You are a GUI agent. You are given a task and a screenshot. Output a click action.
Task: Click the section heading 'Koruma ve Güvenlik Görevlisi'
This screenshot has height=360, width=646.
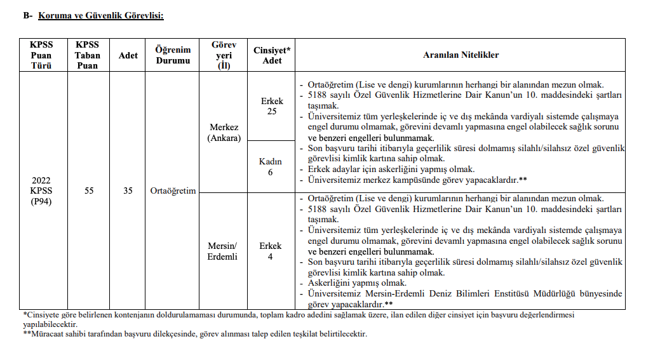point(101,15)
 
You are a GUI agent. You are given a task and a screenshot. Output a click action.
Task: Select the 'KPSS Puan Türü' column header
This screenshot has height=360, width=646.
point(41,55)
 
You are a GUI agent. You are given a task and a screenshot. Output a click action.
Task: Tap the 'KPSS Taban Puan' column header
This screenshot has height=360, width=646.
point(88,55)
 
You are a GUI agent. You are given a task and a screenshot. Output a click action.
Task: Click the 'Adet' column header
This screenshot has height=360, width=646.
point(128,55)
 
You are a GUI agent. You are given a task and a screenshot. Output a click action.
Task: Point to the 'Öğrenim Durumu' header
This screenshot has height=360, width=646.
point(173,55)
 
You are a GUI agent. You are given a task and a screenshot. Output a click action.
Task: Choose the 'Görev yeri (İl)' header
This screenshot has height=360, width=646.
point(224,55)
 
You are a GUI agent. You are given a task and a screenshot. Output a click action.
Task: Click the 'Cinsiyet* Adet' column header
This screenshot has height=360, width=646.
point(272,55)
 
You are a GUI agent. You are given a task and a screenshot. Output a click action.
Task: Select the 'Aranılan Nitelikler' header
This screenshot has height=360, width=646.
point(461,55)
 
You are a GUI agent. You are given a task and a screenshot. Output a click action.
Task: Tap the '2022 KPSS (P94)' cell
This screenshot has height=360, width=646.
point(41,190)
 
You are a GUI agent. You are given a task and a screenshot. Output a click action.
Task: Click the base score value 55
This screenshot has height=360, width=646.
point(89,190)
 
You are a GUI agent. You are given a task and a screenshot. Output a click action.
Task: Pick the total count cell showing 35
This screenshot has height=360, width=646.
point(128,190)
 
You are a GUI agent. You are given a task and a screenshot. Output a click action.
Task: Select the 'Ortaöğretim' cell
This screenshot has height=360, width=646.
point(173,190)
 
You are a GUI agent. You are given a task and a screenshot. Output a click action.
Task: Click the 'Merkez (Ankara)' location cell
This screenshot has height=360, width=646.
point(224,133)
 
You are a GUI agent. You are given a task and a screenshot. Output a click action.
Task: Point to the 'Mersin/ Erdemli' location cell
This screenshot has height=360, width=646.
point(222,251)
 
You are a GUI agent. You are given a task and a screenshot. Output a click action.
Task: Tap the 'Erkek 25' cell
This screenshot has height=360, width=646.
point(272,106)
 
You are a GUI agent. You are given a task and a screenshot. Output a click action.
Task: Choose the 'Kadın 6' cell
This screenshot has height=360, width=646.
point(271,166)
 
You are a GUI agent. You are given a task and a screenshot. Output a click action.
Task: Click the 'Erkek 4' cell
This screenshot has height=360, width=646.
point(271,251)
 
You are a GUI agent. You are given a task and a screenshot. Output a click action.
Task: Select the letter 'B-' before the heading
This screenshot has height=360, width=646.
point(27,15)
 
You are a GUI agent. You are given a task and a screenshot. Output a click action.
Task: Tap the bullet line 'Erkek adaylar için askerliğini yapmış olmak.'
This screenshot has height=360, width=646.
point(391,170)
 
